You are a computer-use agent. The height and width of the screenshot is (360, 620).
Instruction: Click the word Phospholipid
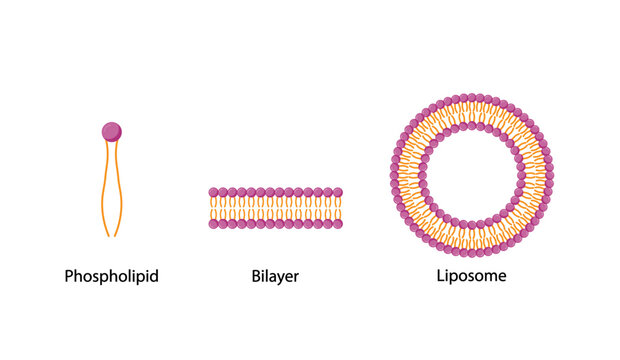(x=111, y=275)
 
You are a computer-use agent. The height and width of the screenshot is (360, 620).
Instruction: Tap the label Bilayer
(x=275, y=275)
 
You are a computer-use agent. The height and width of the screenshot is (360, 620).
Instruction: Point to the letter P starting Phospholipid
(x=69, y=275)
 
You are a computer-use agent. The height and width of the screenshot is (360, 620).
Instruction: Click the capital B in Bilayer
(x=256, y=274)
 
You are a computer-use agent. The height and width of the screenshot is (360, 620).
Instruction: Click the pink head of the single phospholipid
(x=111, y=131)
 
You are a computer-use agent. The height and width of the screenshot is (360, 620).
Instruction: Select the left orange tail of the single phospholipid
(x=104, y=190)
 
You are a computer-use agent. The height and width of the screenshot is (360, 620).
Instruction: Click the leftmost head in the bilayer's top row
(x=214, y=192)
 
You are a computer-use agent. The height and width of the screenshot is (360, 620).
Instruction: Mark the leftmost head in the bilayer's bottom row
(x=214, y=225)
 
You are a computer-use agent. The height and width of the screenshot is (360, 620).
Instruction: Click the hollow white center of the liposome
(x=469, y=176)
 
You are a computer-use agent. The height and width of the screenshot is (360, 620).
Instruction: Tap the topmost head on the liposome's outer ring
(x=469, y=98)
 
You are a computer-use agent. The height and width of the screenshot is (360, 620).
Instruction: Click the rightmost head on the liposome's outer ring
(x=548, y=176)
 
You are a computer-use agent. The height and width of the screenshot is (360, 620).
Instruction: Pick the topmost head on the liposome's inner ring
(x=469, y=127)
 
